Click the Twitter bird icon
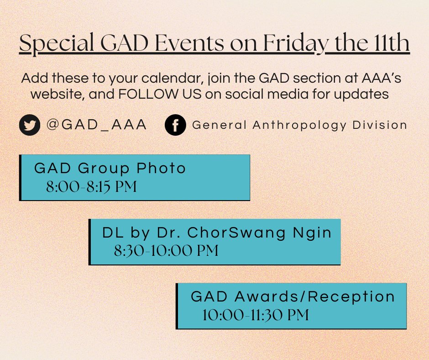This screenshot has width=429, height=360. [30, 126]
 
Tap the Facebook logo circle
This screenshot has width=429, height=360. [175, 126]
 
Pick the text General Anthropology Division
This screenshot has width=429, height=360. [299, 125]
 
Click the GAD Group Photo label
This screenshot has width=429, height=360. [110, 168]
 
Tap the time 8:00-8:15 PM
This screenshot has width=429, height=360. [91, 187]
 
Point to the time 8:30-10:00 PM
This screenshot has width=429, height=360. [166, 251]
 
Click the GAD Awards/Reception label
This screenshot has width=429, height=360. [293, 296]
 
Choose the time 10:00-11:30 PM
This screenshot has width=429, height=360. [255, 315]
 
